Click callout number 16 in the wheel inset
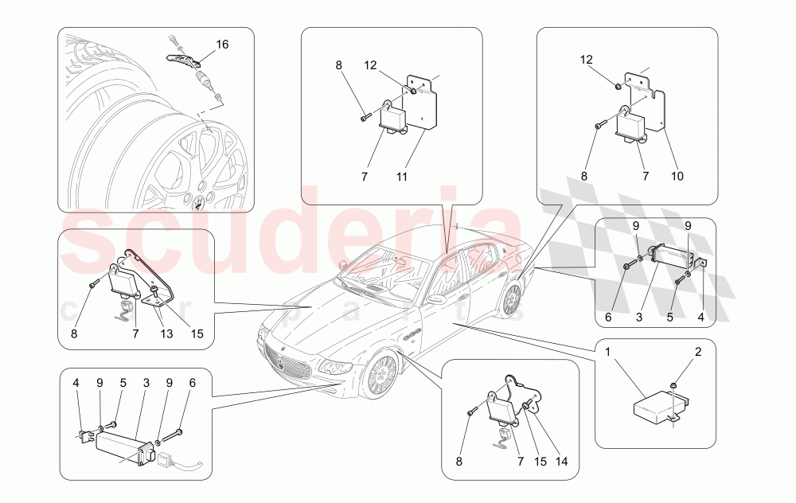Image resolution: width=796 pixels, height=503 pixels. (x=222, y=45)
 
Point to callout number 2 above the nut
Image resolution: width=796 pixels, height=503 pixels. (x=698, y=352)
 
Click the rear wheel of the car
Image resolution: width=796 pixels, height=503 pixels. (x=510, y=298)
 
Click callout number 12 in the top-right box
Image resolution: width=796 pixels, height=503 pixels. (x=586, y=59)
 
